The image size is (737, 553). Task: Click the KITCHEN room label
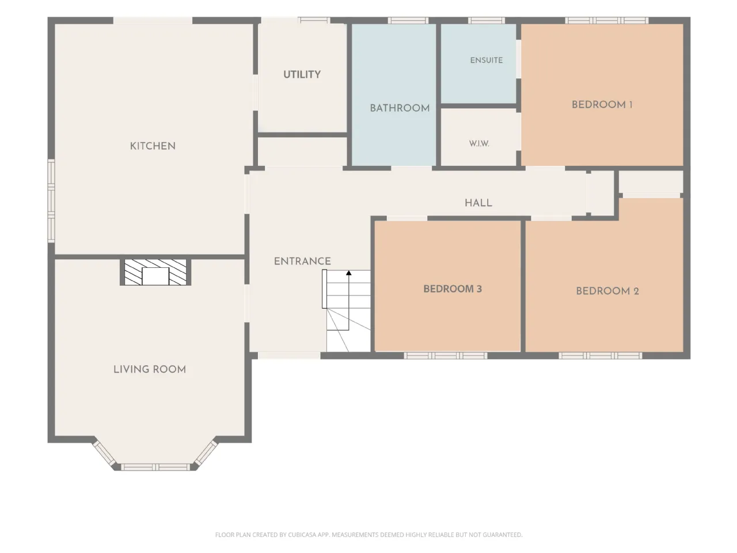[153, 146]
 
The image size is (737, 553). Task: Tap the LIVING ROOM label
[150, 369]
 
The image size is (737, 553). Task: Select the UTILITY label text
[302, 74]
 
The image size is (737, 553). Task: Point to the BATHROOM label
[400, 108]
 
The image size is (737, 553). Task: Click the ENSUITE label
[486, 60]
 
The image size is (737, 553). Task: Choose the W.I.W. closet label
[479, 143]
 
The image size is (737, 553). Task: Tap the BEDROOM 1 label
[602, 105]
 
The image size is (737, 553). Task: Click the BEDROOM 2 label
[607, 291]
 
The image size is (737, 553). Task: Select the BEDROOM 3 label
[453, 289]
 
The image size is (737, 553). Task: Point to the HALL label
[478, 203]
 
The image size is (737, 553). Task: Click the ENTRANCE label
[302, 261]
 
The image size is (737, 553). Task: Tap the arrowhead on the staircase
[349, 273]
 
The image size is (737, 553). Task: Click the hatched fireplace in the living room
[155, 272]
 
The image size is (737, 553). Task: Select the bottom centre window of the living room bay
[155, 467]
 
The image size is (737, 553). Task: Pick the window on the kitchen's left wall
[51, 201]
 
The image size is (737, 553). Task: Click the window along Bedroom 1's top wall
[607, 21]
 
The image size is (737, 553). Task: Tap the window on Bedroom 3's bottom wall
[445, 355]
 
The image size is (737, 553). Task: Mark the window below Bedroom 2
[601, 355]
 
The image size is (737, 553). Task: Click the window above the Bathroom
[408, 21]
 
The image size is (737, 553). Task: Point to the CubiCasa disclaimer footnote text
[368, 535]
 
